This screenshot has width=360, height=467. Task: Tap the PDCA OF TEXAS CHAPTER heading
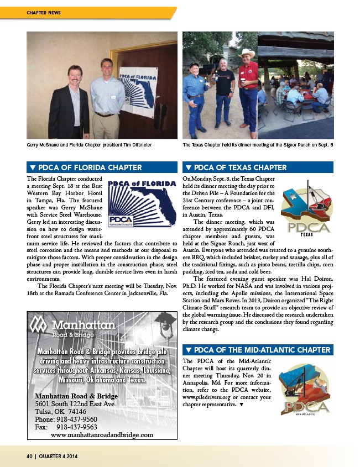coord(240,167)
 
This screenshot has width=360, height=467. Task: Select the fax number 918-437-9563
coord(77,427)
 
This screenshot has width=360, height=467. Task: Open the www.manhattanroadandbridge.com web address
coord(102,435)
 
